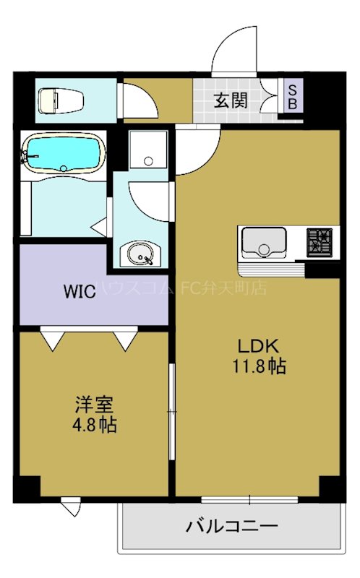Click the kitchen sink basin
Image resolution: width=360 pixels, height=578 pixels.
[x=263, y=242]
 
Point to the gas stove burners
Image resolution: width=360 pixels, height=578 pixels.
[x=319, y=242]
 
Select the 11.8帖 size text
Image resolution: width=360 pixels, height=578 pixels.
[x=258, y=366]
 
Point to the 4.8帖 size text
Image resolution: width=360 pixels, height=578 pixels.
[x=94, y=424]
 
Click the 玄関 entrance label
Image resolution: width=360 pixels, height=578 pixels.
[x=231, y=100]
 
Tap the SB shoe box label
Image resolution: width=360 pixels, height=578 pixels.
[x=293, y=96]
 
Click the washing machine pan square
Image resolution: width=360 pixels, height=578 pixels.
[x=147, y=152]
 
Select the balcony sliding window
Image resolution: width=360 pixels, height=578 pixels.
[x=249, y=499]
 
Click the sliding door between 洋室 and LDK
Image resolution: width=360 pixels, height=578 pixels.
[x=171, y=412]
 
